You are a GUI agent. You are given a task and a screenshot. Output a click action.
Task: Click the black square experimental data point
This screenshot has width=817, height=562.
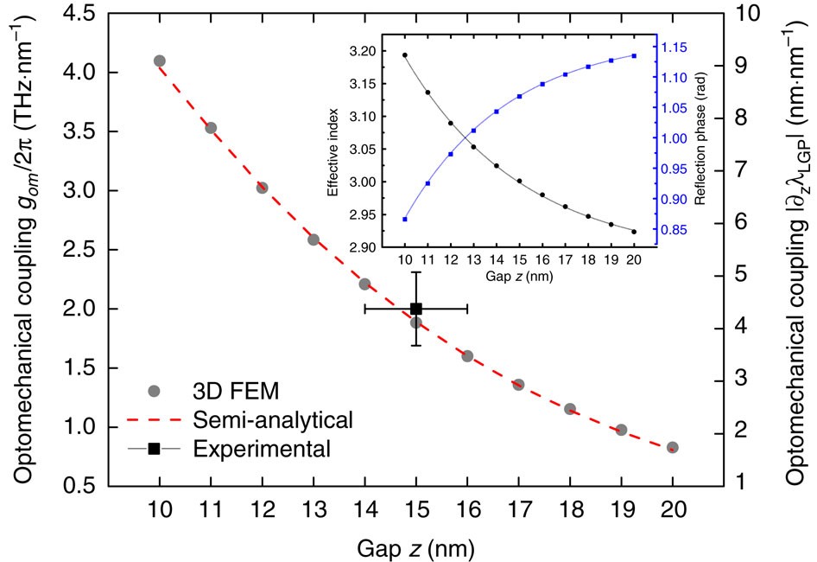click(415, 309)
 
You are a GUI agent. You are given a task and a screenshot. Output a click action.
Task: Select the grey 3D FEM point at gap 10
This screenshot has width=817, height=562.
click(160, 61)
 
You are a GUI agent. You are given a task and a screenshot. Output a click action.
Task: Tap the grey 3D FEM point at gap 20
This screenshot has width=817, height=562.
click(673, 447)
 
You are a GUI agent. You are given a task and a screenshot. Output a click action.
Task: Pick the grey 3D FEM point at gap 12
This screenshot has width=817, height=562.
click(262, 188)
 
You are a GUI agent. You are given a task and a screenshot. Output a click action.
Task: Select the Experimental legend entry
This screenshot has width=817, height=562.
click(263, 449)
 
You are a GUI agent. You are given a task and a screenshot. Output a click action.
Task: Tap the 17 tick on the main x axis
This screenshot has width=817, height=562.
click(518, 510)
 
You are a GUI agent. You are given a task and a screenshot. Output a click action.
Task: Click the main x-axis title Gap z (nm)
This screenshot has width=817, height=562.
click(415, 547)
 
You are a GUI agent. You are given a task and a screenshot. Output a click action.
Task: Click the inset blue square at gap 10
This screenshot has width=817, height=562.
click(404, 220)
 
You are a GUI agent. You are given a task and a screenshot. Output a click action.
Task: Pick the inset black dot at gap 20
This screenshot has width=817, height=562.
click(634, 232)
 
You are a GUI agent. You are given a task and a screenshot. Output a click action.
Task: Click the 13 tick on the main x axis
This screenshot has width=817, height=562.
click(313, 510)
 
